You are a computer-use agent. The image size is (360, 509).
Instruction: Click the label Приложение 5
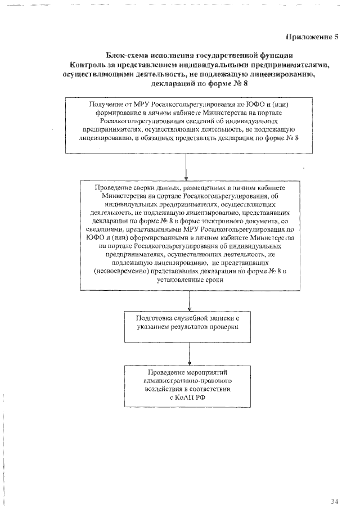coord(312,38)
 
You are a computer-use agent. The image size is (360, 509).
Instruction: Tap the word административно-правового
coord(187,381)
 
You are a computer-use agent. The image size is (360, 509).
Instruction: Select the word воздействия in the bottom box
coord(163,389)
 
